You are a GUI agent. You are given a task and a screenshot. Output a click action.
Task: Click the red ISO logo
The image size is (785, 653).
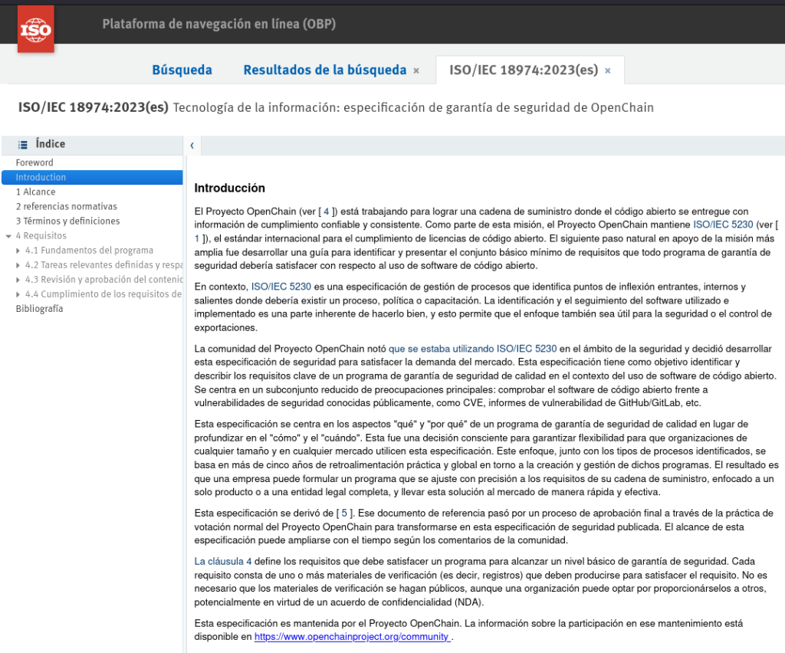pyautogui.click(x=35, y=29)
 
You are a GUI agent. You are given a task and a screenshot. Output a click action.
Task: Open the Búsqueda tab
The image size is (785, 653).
pyautogui.click(x=182, y=70)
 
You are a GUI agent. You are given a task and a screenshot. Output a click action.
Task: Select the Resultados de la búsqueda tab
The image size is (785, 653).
pyautogui.click(x=324, y=70)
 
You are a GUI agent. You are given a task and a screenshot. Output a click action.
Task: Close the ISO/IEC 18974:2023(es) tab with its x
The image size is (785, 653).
pyautogui.click(x=608, y=71)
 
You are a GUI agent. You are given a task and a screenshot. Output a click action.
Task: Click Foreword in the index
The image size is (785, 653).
pyautogui.click(x=34, y=162)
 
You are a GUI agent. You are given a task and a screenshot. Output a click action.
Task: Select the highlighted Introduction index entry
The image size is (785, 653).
pyautogui.click(x=41, y=177)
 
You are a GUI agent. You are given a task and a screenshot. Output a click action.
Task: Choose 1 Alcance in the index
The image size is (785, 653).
pyautogui.click(x=35, y=192)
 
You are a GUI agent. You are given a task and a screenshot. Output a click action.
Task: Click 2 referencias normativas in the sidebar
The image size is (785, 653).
pyautogui.click(x=66, y=206)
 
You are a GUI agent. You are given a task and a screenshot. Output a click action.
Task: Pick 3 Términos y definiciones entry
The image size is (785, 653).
pyautogui.click(x=67, y=221)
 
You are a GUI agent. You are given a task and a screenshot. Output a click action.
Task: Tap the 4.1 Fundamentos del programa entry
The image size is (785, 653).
pyautogui.click(x=89, y=250)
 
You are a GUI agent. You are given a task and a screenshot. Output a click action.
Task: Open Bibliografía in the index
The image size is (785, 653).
pyautogui.click(x=39, y=309)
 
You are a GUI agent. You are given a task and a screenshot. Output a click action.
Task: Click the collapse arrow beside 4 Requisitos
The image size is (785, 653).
pyautogui.click(x=8, y=236)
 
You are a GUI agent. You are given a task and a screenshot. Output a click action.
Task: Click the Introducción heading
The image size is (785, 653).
pyautogui.click(x=229, y=188)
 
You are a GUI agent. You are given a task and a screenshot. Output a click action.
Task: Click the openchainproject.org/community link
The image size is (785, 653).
pyautogui.click(x=353, y=636)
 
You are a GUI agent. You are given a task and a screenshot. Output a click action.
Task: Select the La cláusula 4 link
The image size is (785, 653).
pyautogui.click(x=222, y=561)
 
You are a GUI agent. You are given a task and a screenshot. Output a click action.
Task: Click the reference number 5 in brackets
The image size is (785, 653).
pyautogui.click(x=344, y=513)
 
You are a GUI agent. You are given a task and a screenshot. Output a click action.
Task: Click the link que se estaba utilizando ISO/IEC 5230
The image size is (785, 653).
pyautogui.click(x=472, y=349)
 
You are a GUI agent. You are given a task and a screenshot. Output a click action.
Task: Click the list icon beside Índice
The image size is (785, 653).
pyautogui.click(x=23, y=144)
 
